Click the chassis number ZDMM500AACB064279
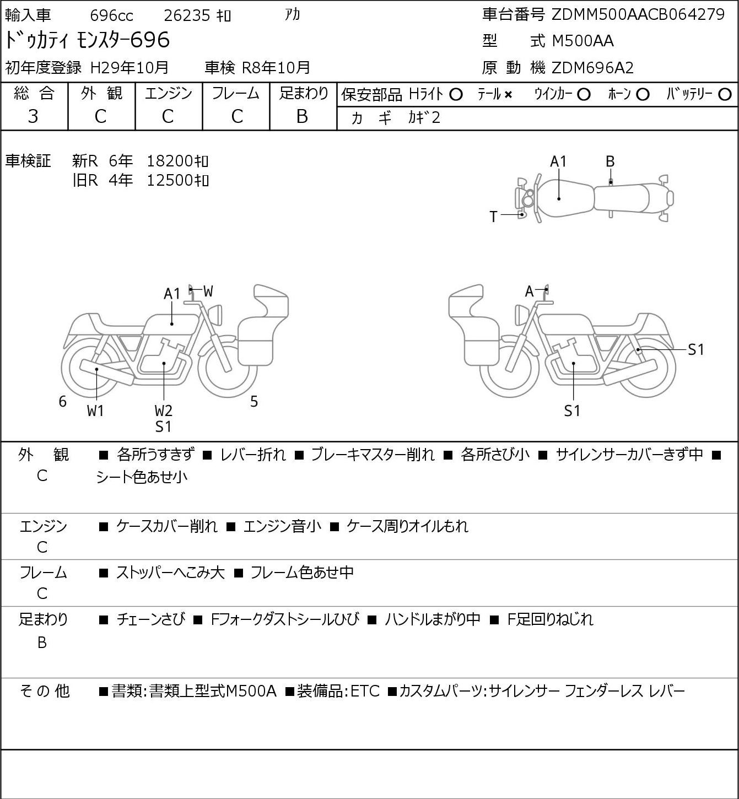(638, 15)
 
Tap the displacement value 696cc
(111, 15)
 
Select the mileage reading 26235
(187, 15)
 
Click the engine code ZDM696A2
(592, 68)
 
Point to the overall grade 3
(33, 116)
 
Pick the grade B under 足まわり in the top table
(302, 116)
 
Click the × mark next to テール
(508, 95)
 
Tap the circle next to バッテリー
(725, 95)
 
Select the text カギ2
(424, 118)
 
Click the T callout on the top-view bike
(493, 217)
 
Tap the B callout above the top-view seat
(610, 162)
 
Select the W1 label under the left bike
(95, 411)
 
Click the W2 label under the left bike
(164, 411)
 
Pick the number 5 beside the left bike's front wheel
(254, 401)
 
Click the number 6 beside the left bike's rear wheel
(62, 401)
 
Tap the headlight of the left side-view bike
(215, 315)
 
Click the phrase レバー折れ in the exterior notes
(253, 455)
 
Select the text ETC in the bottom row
(365, 691)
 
